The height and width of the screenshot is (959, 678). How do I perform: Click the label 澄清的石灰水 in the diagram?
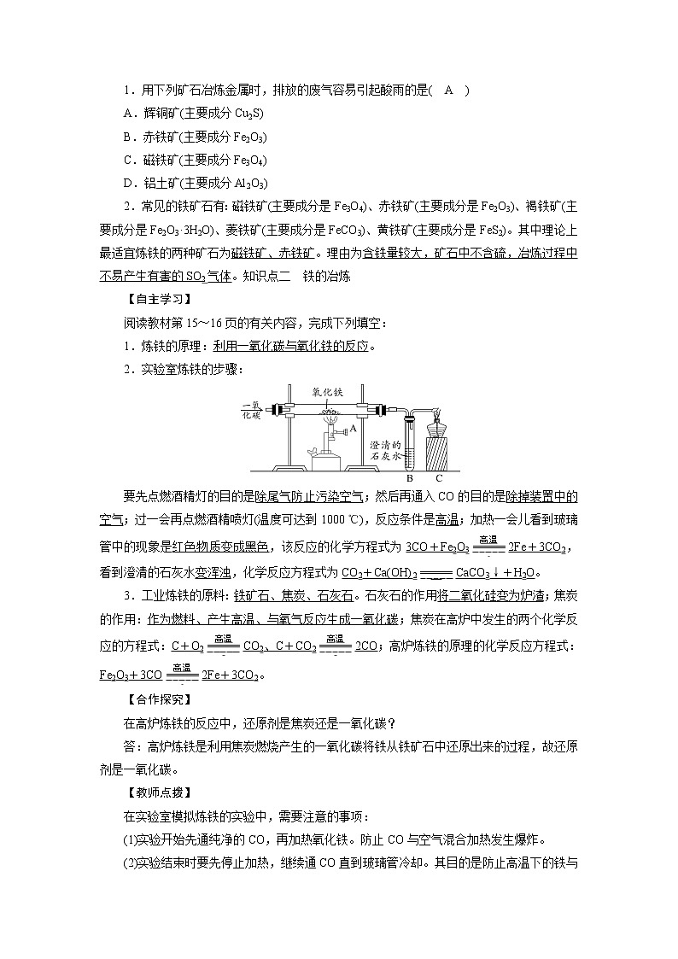pos(385,451)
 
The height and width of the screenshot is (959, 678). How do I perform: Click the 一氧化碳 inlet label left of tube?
pos(251,410)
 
